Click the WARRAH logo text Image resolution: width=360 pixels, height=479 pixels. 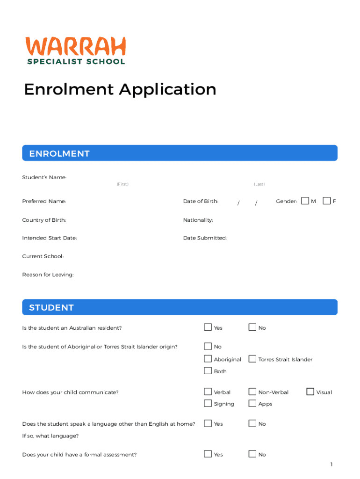click(75, 46)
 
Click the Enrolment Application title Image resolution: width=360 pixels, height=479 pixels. click(120, 89)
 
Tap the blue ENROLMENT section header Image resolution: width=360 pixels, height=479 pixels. click(180, 153)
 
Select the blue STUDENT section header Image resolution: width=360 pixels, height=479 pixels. click(180, 307)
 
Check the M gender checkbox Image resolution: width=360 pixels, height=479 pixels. click(305, 201)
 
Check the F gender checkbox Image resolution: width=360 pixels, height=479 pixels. click(326, 201)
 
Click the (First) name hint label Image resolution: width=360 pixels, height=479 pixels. click(122, 184)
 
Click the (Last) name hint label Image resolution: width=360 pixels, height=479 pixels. click(259, 184)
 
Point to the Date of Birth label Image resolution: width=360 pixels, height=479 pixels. click(201, 201)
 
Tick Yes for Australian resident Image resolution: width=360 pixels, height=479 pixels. click(208, 327)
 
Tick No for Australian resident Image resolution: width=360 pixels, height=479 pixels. click(252, 327)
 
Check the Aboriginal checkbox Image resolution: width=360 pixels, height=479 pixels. click(208, 359)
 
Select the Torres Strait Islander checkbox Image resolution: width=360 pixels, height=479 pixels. click(252, 359)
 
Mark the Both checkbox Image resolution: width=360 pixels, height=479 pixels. click(208, 371)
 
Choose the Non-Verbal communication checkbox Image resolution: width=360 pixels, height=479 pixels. click(252, 392)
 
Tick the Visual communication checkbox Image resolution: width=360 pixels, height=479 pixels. click(310, 392)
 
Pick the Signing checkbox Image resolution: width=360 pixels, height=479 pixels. click(208, 403)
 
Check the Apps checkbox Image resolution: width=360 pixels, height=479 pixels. click(252, 403)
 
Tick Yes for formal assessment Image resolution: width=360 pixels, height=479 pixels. click(208, 454)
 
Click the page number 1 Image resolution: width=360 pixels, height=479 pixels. click(331, 464)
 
